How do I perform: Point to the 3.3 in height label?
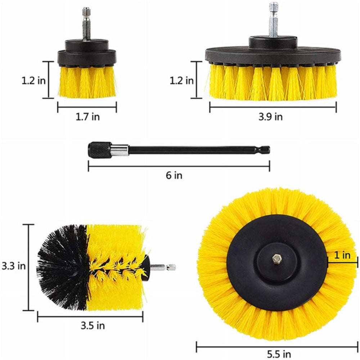[13, 266]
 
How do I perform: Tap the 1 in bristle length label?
[341, 255]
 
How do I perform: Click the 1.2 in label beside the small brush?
[33, 80]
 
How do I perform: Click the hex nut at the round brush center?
[276, 258]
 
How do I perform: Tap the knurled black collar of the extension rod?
[99, 149]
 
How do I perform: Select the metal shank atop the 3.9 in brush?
[274, 20]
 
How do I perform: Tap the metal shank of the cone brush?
[164, 267]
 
